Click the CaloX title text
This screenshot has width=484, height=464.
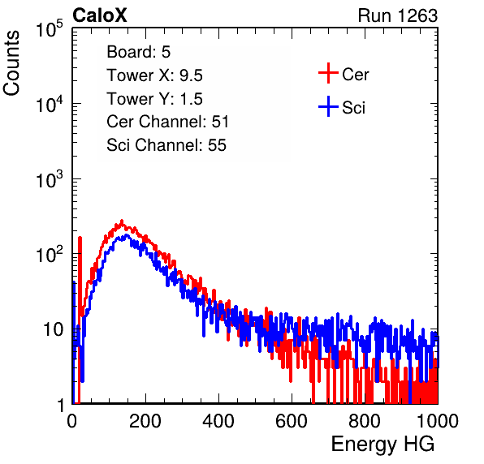coord(100,15)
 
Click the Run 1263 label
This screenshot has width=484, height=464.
coord(398,15)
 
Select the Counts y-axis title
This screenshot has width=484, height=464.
coord(11,63)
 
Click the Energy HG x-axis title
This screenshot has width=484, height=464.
coord(382,445)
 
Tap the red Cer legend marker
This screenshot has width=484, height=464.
coord(328,73)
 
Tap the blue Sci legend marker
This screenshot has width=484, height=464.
coord(328,106)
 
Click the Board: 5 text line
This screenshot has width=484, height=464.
coord(139,52)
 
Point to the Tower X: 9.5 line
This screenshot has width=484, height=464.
coord(154,75)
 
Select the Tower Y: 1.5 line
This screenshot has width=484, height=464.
coord(154,99)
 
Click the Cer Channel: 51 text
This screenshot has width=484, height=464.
coord(167,122)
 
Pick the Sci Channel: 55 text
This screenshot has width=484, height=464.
coord(166,145)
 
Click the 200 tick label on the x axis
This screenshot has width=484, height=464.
coord(145,421)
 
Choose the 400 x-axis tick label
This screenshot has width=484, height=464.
coord(218,421)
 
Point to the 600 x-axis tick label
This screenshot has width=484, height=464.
coord(292,421)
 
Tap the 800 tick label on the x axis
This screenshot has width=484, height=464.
coord(365,421)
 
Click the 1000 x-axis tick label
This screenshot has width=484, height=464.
coord(438,421)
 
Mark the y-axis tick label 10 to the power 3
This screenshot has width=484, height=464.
coord(50,179)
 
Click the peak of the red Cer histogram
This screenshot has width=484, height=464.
coord(122,221)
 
